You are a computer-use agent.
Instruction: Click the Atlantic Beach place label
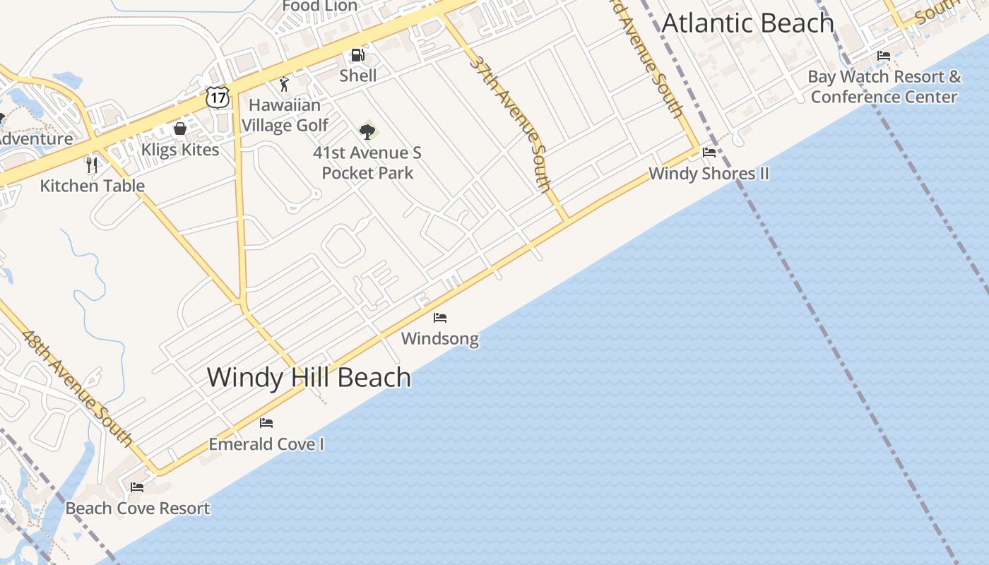coord(747,23)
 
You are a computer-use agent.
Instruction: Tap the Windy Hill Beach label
coord(309,377)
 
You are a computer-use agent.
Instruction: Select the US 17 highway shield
coord(218,97)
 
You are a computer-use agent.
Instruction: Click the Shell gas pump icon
coord(358,55)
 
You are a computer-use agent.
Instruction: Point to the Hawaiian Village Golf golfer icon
coord(284,85)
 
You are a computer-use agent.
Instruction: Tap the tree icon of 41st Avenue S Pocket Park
coord(367,131)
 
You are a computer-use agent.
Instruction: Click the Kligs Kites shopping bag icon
coord(180,129)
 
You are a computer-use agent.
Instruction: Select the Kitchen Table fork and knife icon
coord(91,165)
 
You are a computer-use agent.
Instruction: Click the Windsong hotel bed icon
coord(440,318)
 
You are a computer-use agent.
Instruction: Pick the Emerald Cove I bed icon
coord(266,423)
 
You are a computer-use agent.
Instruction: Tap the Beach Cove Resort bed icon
coord(137,487)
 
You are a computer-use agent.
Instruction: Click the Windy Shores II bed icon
coord(709,153)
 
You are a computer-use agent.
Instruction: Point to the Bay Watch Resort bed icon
coord(884,56)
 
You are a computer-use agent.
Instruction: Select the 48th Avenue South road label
coord(77,388)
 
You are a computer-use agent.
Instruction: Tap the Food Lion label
coord(319,6)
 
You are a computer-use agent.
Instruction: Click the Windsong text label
coord(439,339)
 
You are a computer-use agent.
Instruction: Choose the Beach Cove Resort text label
coord(138,509)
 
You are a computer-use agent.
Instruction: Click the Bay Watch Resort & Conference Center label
coord(884,86)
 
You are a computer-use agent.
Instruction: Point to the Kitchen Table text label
coord(93,186)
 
